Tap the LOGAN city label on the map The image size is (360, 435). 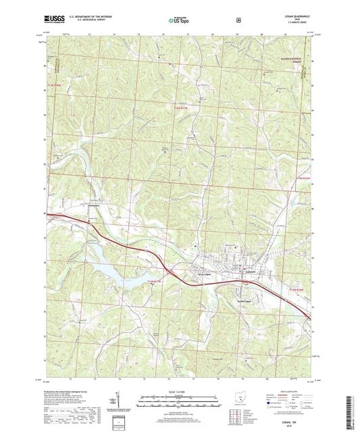pyautogui.click(x=249, y=272)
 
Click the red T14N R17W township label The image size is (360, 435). pyautogui.click(x=155, y=280)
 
